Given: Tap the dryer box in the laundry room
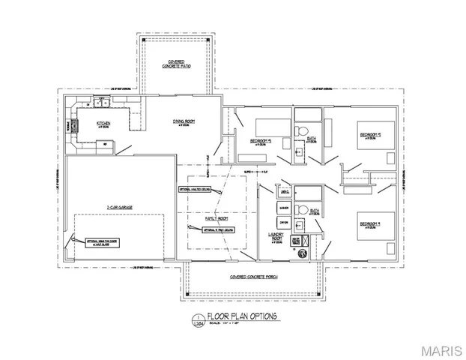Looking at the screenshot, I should click(284, 222).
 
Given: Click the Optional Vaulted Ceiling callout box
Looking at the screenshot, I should click(197, 189).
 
